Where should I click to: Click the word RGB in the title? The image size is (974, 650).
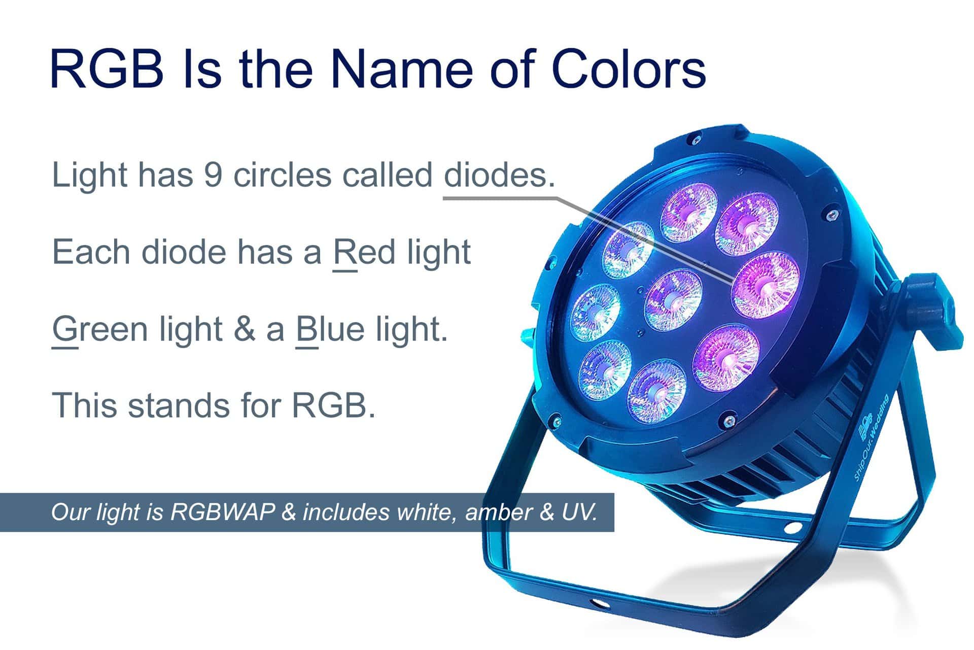pyautogui.click(x=107, y=69)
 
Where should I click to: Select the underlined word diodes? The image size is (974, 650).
pyautogui.click(x=499, y=175)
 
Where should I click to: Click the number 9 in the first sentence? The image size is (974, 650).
pyautogui.click(x=214, y=175)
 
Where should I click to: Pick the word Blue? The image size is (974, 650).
pyautogui.click(x=330, y=329)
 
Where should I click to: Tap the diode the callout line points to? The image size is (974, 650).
pyautogui.click(x=765, y=285)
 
